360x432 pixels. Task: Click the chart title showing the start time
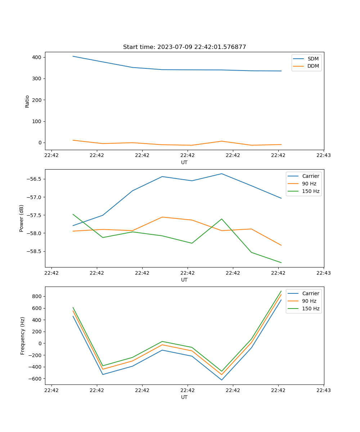point(184,47)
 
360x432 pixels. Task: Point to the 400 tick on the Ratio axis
point(37,57)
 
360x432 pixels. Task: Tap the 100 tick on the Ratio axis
point(37,121)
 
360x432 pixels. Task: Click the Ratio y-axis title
point(27,101)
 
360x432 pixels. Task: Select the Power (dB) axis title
point(22,218)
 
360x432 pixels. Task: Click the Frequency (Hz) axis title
point(22,336)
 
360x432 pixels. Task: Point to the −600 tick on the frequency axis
point(35,379)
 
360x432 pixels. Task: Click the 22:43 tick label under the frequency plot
point(324,390)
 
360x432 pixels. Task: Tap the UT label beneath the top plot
point(184,162)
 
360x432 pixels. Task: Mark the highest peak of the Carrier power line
point(222,174)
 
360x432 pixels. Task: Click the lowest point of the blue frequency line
point(222,380)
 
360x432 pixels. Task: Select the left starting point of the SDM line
point(73,56)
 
